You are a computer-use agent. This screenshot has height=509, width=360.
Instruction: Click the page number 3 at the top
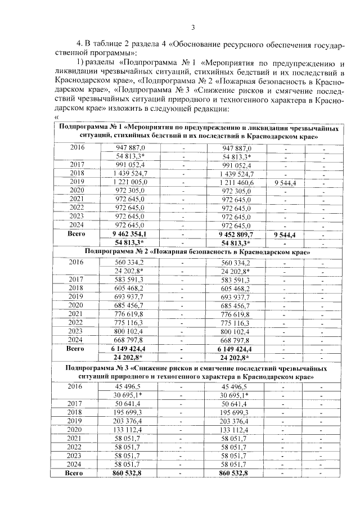[193, 27]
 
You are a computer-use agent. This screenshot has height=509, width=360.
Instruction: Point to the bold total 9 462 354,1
[130, 233]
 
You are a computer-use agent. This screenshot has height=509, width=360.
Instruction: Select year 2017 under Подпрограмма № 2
[76, 280]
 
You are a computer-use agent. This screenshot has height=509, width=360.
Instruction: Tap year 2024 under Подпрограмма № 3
[76, 465]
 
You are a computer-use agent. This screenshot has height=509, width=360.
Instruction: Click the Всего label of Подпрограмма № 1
[76, 233]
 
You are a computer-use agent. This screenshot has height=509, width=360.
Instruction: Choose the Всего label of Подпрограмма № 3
[76, 474]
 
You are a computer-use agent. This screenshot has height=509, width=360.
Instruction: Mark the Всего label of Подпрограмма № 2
[76, 349]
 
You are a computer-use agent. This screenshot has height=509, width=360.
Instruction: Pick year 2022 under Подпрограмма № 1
[76, 208]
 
